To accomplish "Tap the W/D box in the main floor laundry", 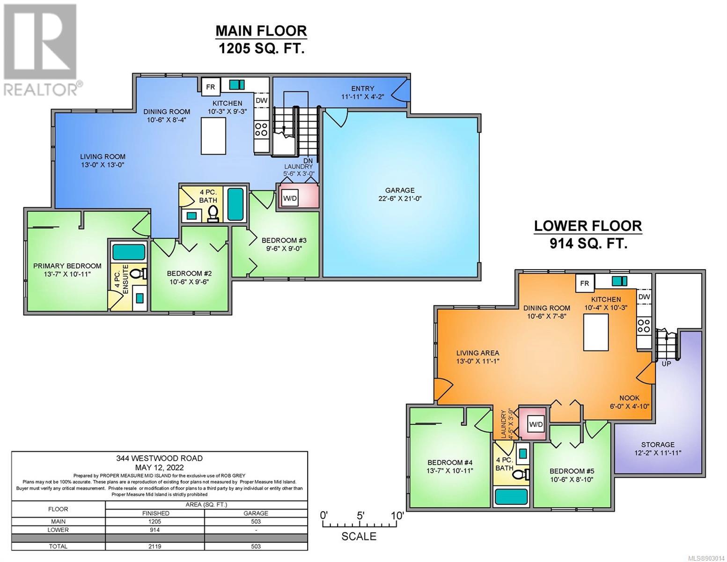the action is (290, 198).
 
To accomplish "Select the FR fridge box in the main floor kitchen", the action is (211, 87).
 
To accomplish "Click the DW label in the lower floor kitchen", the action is (644, 296).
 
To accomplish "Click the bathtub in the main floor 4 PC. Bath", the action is (236, 204).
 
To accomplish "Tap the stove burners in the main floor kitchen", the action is (261, 129).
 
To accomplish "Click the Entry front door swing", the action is (400, 90).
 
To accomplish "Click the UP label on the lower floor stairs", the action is (666, 363).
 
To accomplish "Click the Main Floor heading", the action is (261, 31).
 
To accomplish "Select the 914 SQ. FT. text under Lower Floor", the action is (588, 244).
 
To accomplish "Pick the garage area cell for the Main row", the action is (256, 522).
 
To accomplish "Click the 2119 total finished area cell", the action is (154, 547).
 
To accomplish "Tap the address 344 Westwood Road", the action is (159, 458).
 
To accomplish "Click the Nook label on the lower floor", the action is (629, 398).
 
